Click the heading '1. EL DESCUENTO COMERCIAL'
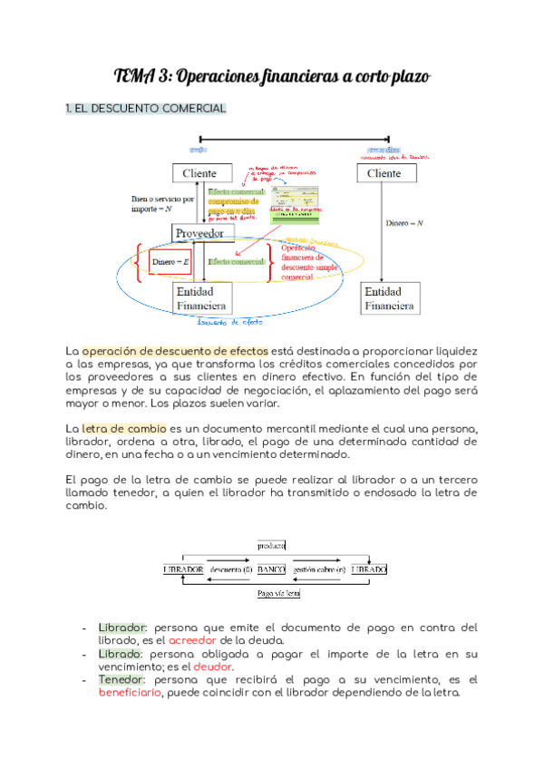(145, 109)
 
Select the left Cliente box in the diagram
(199, 173)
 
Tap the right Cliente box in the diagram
(384, 173)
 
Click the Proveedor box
(199, 234)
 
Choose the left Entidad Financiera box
(200, 298)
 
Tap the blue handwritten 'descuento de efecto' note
(230, 322)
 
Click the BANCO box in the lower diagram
(271, 569)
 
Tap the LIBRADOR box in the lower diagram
(182, 569)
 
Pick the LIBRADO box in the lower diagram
(369, 569)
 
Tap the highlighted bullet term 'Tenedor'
(120, 678)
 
